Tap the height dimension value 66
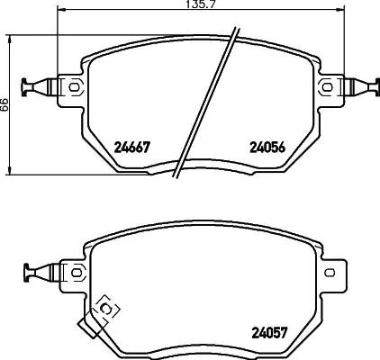5,104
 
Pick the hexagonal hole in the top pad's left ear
74,87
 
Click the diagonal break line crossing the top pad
208,103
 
